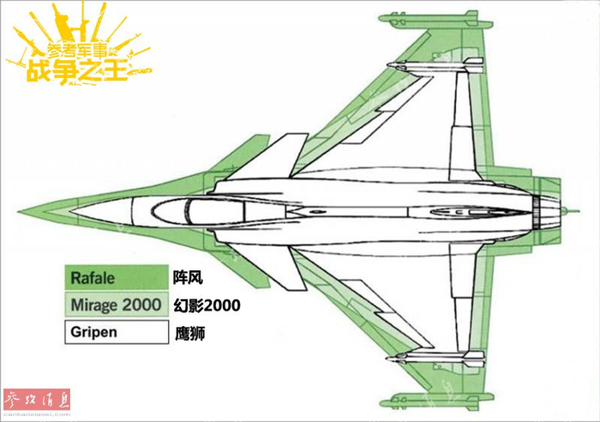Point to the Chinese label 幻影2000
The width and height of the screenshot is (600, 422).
click(x=206, y=304)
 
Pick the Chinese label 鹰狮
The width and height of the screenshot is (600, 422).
click(x=188, y=330)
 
